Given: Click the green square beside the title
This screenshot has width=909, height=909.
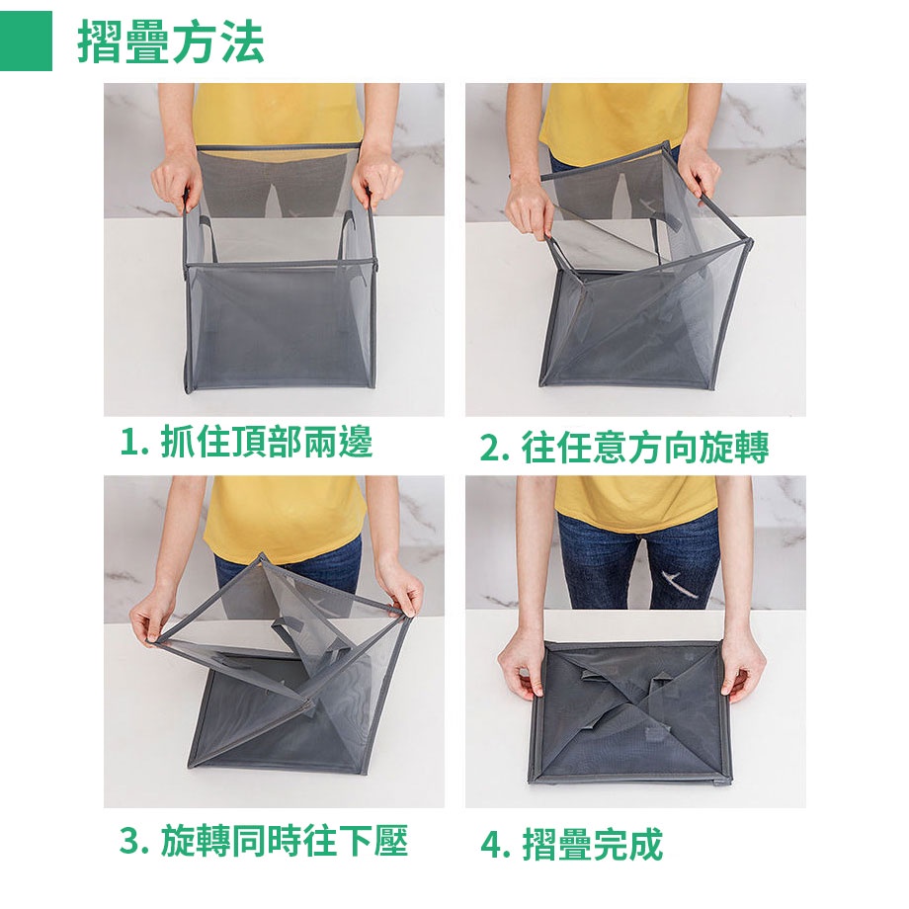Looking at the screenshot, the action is [x=26, y=41].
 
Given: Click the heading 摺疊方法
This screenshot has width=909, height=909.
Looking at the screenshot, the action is [x=171, y=41].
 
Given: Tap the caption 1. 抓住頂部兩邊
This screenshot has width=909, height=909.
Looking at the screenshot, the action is [x=246, y=443].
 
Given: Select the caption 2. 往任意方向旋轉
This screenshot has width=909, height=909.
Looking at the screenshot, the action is [x=624, y=447].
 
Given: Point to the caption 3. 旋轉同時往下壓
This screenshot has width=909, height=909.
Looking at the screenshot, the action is [x=264, y=841].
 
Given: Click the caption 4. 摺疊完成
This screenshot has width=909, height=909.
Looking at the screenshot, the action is [x=572, y=845].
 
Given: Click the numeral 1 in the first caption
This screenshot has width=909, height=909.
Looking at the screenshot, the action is [x=128, y=444].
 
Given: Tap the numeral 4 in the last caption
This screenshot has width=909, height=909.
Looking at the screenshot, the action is [x=491, y=846].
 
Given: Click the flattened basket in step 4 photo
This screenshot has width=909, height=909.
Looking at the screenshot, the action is [x=630, y=713].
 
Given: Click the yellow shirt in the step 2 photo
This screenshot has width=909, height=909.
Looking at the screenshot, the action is [x=615, y=119].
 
